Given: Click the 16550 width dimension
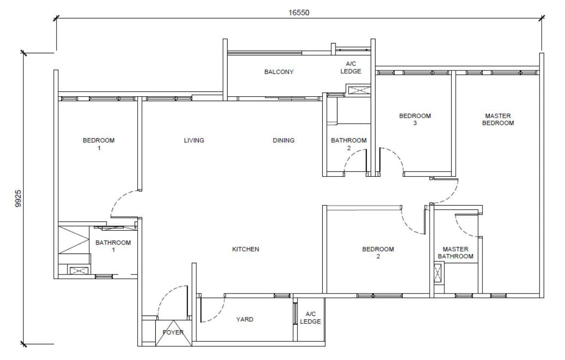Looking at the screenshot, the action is click(x=298, y=13).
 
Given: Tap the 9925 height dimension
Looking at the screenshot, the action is click(x=19, y=198).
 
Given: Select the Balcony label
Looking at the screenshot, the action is click(x=279, y=72).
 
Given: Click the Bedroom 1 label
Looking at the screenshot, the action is click(x=99, y=144).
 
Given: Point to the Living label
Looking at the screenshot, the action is click(x=194, y=140).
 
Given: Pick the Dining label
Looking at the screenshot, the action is click(x=284, y=140).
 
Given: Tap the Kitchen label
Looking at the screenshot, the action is click(x=245, y=249).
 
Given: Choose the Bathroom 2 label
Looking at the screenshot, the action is click(x=349, y=144).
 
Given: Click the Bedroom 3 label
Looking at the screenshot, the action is click(x=415, y=119).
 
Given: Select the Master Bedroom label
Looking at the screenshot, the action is click(x=498, y=119).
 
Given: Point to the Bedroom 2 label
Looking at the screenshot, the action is click(x=378, y=253).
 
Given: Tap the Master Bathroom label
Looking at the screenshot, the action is click(x=456, y=253).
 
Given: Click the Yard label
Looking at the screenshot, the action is click(x=245, y=319).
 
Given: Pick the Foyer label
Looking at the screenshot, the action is click(x=173, y=333).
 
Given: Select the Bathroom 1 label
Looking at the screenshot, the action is click(x=113, y=246).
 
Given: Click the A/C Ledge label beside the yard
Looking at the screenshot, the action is click(x=310, y=318).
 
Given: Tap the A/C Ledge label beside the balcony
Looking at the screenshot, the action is click(x=351, y=68).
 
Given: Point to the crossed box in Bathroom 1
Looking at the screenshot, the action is click(x=77, y=271).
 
